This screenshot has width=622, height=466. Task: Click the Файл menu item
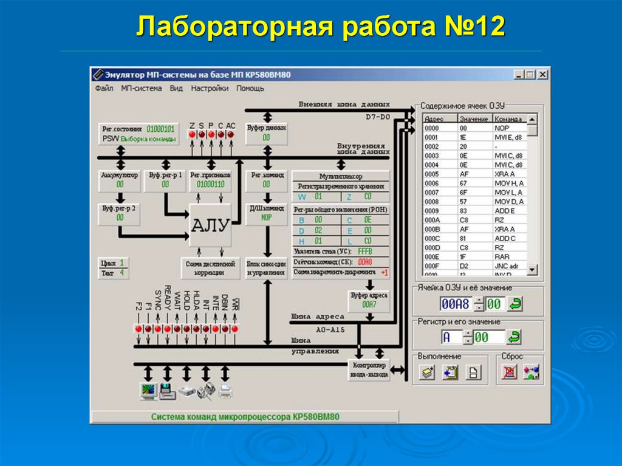point(104,88)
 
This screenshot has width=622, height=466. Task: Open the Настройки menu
point(210,88)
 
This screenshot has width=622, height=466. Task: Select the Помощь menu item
point(250,88)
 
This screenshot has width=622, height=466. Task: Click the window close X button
point(542,74)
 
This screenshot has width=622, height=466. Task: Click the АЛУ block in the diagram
point(210,225)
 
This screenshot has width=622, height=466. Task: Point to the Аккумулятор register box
point(120,179)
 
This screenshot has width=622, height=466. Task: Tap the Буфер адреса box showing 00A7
point(369,300)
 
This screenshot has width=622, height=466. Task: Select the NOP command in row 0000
point(502,129)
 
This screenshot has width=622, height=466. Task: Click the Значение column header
point(474,119)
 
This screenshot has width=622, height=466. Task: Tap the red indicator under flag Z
point(192,134)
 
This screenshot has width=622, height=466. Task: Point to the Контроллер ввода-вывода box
point(369,369)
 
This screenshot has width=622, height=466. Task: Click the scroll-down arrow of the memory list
point(532,269)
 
